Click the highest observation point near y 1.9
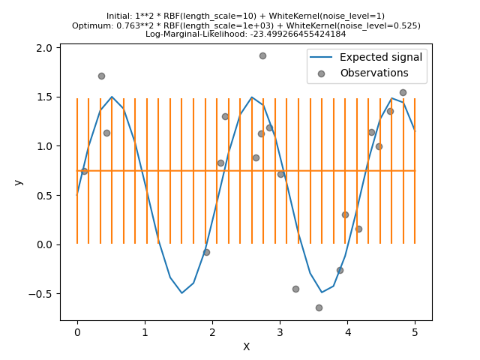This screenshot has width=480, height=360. (x=262, y=55)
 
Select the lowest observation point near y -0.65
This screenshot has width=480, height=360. (x=319, y=307)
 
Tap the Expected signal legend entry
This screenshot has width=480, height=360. (x=380, y=57)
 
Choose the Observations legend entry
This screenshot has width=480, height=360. (x=373, y=73)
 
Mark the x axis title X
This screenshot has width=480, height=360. (x=246, y=346)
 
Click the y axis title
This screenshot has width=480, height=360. (x=18, y=182)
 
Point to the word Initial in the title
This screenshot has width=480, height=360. (x=121, y=16)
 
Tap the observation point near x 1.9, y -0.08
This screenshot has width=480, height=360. (x=206, y=252)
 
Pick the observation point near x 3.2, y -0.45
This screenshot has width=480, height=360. (x=295, y=289)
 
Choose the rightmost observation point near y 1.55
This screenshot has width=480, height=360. (x=403, y=92)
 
